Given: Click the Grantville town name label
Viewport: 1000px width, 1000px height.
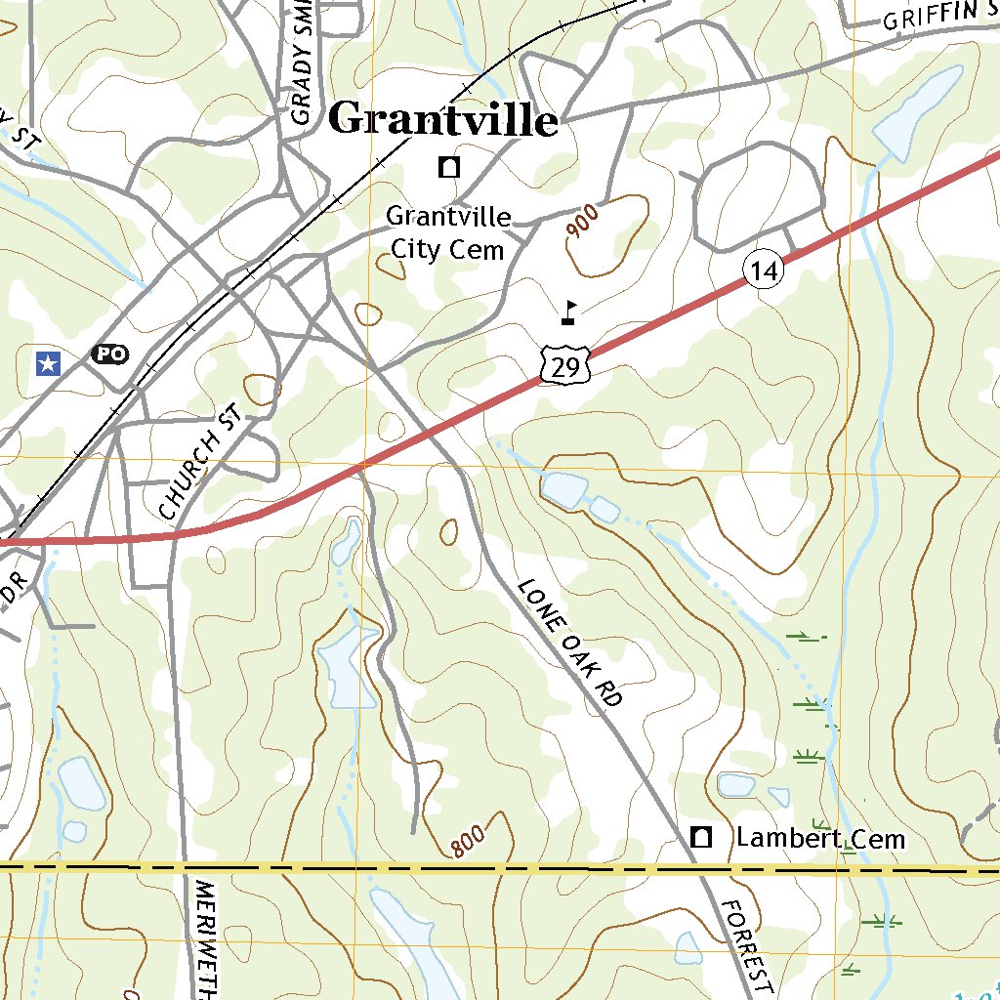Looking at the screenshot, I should pos(442,120).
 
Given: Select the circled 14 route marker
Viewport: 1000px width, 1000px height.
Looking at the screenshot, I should pos(765,271).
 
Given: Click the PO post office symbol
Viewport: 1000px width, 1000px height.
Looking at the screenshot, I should pos(109,354).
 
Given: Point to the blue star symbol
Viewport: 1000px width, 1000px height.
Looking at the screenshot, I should pos(47,364).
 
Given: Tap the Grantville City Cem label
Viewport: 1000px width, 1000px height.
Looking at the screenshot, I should pos(448,232).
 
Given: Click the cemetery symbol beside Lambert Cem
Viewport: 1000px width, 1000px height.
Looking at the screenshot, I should pos(700,837).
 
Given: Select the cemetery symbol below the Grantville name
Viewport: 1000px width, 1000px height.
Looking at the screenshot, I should pos(449,167).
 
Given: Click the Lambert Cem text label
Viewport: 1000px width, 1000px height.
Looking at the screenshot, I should pos(820,839).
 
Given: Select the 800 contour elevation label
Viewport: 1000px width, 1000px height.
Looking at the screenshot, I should pos(470,841).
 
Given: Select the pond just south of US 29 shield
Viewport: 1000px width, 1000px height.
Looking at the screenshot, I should pos(564,488).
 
